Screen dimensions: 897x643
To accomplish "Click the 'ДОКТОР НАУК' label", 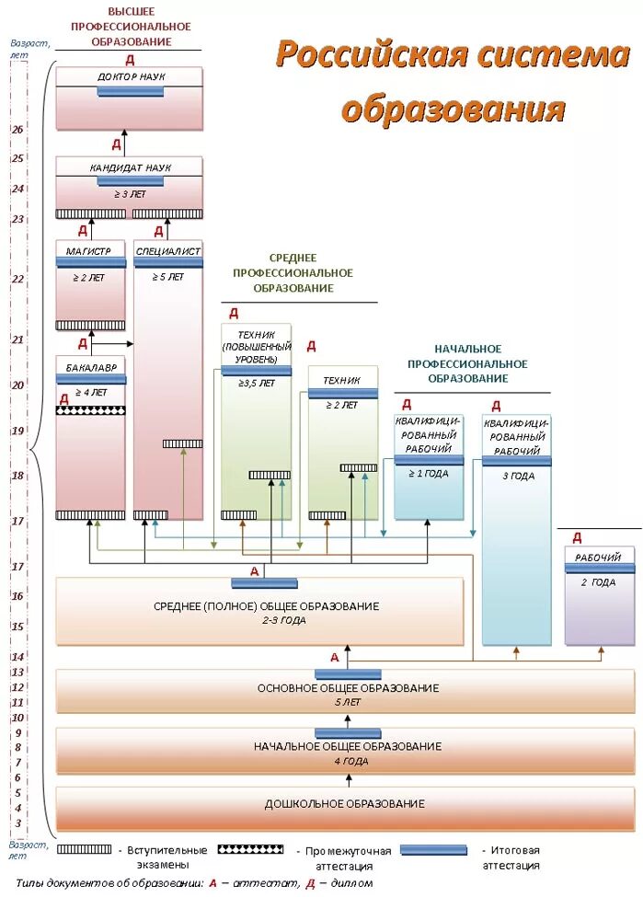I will click(x=131, y=76).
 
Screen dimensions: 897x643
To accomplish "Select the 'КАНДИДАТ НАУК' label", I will click(x=131, y=168).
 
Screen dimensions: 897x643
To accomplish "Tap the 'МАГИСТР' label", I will click(x=89, y=250).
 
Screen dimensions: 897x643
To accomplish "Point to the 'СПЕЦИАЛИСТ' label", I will click(x=167, y=250).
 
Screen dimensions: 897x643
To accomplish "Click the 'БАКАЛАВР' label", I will click(x=90, y=367).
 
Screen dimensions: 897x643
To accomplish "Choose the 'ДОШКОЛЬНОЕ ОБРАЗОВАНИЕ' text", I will click(x=345, y=804).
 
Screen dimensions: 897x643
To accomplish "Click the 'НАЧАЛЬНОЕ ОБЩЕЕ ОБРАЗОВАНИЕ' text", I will click(x=348, y=746).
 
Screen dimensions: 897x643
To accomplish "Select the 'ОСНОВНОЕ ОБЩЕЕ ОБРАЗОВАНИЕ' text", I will click(x=348, y=688).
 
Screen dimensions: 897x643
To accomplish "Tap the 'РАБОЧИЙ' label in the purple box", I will click(x=599, y=558).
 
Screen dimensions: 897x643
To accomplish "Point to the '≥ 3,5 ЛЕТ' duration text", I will click(x=256, y=382).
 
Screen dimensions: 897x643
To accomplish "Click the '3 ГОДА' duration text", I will click(x=518, y=476).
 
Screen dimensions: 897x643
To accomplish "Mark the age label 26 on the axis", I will click(x=17, y=130).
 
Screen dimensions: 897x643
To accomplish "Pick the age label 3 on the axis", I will click(x=17, y=823).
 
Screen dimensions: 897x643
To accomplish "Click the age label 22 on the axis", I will click(x=17, y=279).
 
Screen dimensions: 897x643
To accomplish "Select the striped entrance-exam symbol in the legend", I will click(x=84, y=850).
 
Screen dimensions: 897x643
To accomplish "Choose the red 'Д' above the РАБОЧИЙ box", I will click(x=577, y=537).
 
